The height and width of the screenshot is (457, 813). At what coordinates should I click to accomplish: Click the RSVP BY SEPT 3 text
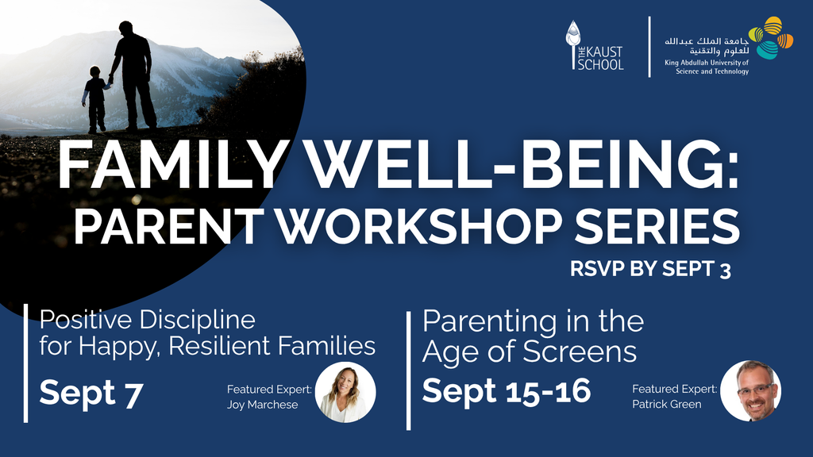(x=651, y=269)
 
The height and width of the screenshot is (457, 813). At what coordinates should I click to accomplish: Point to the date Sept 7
(x=91, y=394)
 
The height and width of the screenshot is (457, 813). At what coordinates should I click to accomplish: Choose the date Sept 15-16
(x=507, y=390)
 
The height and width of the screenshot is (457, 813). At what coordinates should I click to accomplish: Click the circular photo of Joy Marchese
(x=345, y=392)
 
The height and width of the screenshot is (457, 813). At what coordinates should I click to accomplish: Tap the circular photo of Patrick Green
(x=751, y=390)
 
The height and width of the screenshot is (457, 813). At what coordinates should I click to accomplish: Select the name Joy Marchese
(x=262, y=405)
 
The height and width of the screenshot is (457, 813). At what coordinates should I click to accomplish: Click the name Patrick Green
(x=667, y=404)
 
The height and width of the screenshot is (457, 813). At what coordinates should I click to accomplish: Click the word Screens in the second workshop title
(x=580, y=351)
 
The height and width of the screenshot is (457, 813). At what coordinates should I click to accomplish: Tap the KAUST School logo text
(x=600, y=58)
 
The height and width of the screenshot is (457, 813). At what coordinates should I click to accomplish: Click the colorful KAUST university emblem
(x=771, y=37)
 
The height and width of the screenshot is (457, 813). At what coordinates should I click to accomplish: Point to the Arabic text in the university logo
(x=707, y=46)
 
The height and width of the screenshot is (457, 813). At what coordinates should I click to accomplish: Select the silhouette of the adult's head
(x=125, y=28)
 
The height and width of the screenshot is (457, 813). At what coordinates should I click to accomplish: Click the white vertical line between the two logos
(x=649, y=47)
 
